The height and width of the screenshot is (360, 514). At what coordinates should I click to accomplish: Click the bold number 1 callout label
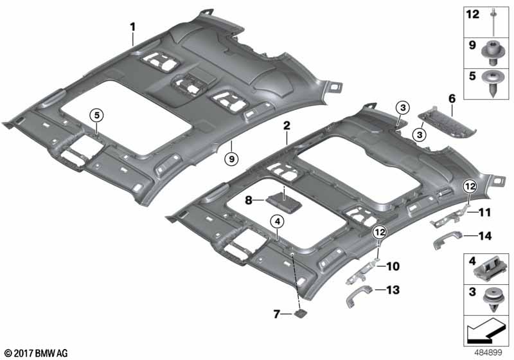[132, 27]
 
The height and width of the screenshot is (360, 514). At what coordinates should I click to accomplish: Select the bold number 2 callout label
[287, 125]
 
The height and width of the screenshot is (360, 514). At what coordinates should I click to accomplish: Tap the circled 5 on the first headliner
[97, 115]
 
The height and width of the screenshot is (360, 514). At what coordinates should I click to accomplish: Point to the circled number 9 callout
[231, 159]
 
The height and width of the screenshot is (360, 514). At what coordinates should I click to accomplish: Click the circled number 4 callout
[278, 222]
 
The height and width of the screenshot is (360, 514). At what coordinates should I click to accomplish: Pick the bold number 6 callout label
[452, 98]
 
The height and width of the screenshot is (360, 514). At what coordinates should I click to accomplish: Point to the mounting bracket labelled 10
[362, 271]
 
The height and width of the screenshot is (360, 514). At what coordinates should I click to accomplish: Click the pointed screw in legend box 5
[493, 83]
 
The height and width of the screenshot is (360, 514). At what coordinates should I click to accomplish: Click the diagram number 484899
[488, 353]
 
